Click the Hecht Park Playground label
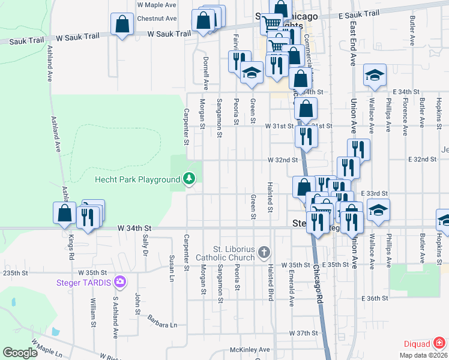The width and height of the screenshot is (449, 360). pyautogui.click(x=137, y=179)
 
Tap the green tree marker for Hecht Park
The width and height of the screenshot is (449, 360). pyautogui.click(x=189, y=179)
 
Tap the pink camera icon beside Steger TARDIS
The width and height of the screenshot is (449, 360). pyautogui.click(x=121, y=281)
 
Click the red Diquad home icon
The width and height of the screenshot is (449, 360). pyautogui.click(x=440, y=343)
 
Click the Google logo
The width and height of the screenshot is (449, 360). pyautogui.click(x=20, y=353)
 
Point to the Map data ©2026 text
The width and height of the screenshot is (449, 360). pyautogui.click(x=422, y=355)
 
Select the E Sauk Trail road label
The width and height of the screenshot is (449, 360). pyautogui.click(x=359, y=14)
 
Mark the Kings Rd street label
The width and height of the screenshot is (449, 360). pyautogui.click(x=71, y=247)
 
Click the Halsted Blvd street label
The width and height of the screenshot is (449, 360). pyautogui.click(x=270, y=281)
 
